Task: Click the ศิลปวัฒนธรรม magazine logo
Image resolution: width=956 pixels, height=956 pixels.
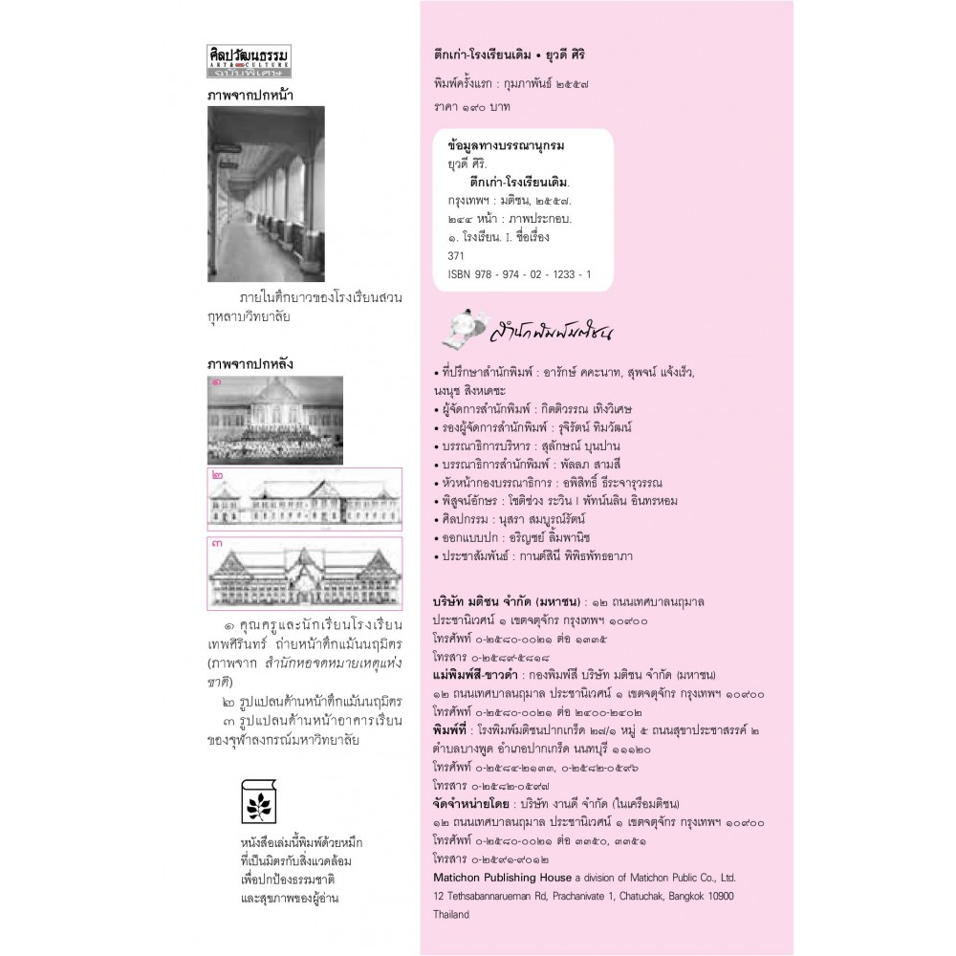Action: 249,60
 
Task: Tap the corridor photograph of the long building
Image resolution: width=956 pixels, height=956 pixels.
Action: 266,193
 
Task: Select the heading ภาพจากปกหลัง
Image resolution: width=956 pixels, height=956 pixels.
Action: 250,363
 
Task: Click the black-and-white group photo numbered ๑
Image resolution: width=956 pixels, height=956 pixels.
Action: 275,420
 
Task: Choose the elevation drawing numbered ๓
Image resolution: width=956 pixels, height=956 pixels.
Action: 275,573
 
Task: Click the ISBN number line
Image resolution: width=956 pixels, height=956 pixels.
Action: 519,274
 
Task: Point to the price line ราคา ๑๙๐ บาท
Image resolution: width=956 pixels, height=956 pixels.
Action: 471,105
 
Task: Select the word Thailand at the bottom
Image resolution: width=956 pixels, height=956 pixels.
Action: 451,914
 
